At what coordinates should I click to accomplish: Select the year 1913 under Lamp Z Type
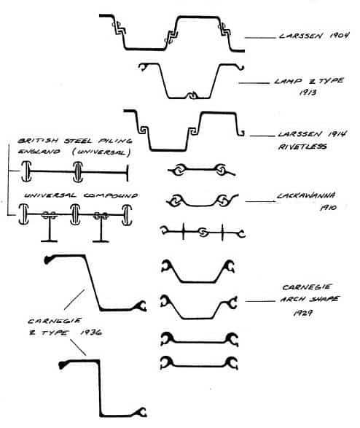click(308, 93)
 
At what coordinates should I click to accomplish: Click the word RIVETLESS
click(302, 147)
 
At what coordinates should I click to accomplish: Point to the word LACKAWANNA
click(306, 195)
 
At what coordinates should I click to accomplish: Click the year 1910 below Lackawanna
click(329, 208)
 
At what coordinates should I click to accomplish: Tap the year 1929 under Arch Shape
click(302, 313)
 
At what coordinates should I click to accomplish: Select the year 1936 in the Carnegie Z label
click(91, 332)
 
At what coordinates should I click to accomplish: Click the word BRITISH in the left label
click(38, 141)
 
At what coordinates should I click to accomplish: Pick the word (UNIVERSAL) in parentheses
click(101, 152)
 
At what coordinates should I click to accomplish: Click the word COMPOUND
click(111, 195)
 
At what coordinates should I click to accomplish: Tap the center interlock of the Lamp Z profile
click(193, 96)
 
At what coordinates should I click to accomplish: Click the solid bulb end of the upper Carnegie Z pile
click(47, 260)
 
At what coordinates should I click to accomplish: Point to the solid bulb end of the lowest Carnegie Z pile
click(63, 365)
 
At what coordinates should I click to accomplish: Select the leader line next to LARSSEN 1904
click(260, 38)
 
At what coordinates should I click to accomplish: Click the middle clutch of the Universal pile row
click(78, 172)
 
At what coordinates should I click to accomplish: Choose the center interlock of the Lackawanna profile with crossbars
click(203, 233)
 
